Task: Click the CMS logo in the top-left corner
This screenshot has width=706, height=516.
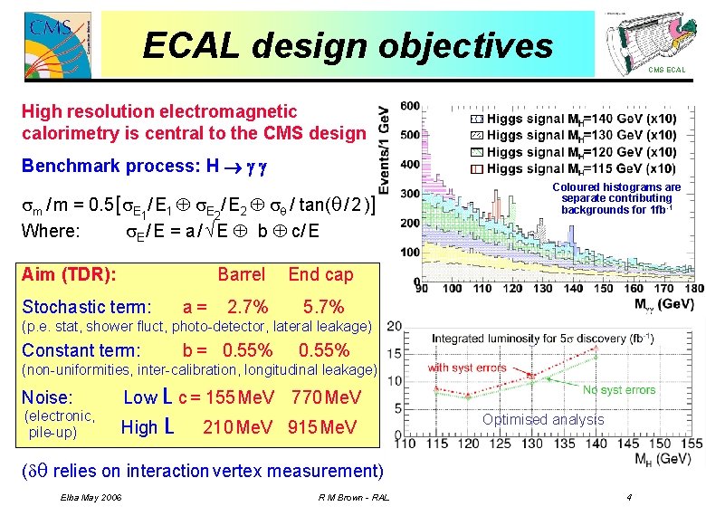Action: coord(45,39)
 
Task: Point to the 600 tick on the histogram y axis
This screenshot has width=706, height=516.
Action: coord(409,106)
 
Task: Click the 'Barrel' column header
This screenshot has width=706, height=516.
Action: coord(242,274)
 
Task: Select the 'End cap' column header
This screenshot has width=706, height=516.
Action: coord(320,274)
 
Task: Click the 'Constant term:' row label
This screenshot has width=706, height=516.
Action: coord(81,350)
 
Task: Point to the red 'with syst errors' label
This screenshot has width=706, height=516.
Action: coord(467,368)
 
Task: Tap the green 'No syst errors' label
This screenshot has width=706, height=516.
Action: coord(619,389)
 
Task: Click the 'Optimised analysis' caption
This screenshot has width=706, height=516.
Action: coord(542,419)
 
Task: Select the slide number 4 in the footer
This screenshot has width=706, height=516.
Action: coord(628,499)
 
